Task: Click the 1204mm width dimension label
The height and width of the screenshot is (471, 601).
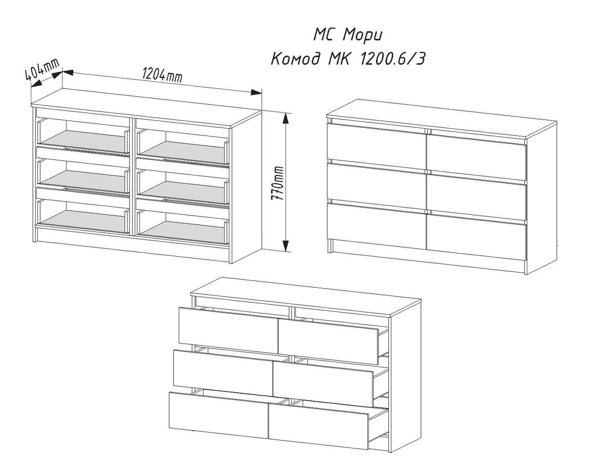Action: coord(162,75)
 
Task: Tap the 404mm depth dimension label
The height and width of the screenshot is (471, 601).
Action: coord(42,70)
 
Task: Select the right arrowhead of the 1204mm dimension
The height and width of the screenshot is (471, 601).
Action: coord(256,92)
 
